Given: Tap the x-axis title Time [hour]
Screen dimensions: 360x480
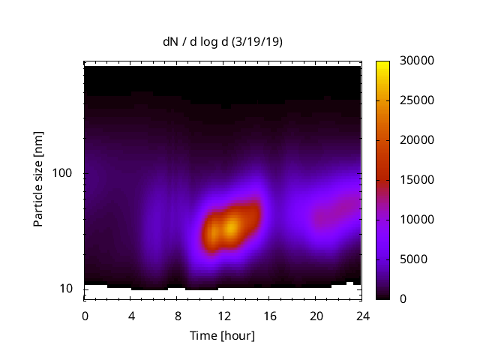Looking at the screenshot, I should [222, 335].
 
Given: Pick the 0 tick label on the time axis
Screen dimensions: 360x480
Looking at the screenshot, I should [85, 315].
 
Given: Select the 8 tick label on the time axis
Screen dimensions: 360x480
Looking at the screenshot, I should [177, 315].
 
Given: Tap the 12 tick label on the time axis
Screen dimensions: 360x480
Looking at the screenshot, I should [223, 315].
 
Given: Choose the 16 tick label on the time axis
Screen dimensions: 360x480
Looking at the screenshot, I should [269, 315].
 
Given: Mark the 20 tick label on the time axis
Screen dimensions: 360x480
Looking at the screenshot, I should [315, 315].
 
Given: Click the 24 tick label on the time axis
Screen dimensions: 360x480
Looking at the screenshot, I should [361, 315].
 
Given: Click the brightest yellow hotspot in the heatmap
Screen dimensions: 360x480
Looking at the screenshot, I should [232, 225].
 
